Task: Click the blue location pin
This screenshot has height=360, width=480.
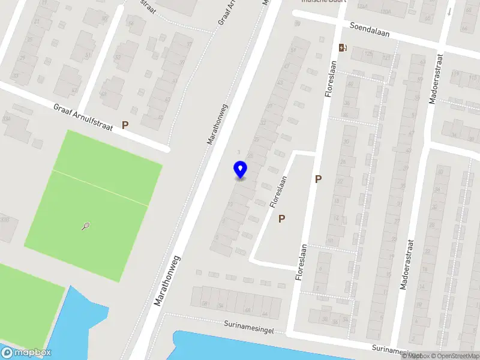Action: point(240,170)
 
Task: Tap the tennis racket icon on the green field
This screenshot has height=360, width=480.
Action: point(86,226)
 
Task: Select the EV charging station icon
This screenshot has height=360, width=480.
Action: point(343,48)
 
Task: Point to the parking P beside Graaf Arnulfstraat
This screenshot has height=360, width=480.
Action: point(125,125)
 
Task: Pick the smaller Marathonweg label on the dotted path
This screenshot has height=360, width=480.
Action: point(218,124)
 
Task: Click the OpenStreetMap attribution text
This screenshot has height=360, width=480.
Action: point(454,356)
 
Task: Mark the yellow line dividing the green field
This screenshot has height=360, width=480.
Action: point(99,187)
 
